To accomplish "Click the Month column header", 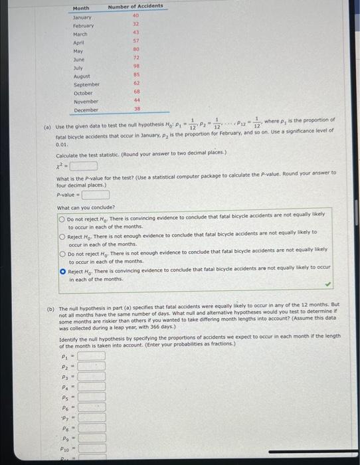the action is click(80, 7).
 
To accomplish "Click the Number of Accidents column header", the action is click(135, 7).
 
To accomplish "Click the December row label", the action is click(86, 110).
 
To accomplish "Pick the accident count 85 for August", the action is click(135, 76).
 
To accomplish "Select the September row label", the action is click(86, 84).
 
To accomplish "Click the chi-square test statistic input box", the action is click(84, 165).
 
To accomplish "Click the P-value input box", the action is click(96, 195).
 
